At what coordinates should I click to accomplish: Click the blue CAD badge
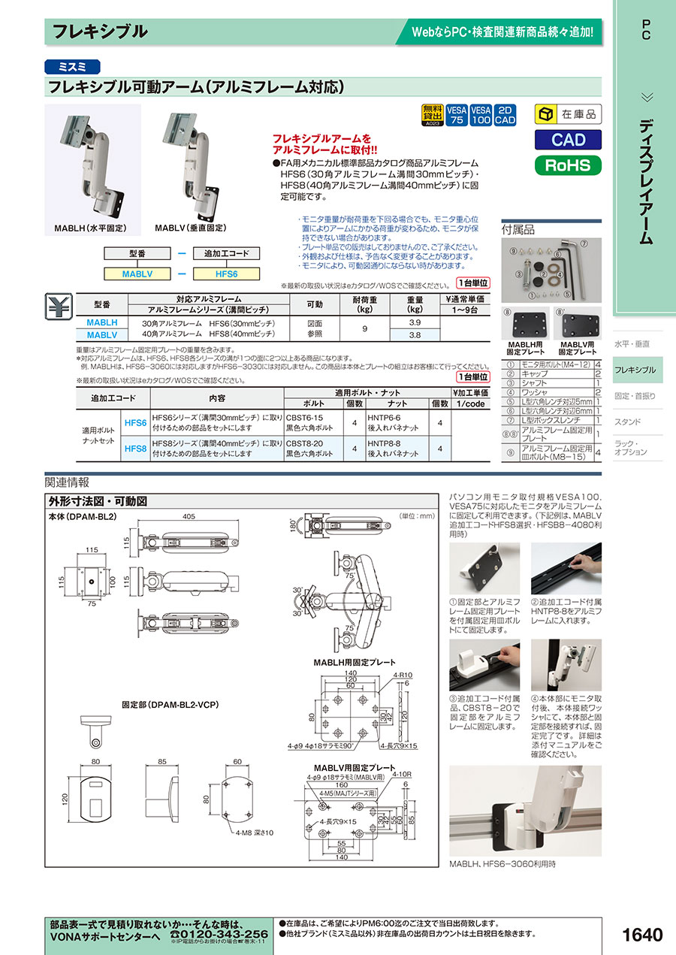[568, 140]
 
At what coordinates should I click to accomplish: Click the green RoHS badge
[568, 165]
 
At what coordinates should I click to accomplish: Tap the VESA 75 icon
[457, 114]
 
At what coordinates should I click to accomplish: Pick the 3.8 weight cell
[414, 335]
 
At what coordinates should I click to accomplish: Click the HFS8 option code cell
[135, 449]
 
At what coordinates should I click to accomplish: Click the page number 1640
[642, 935]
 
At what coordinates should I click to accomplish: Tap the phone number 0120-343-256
[219, 934]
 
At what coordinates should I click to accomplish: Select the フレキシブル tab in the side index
[635, 370]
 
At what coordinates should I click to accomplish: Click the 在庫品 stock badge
[568, 114]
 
